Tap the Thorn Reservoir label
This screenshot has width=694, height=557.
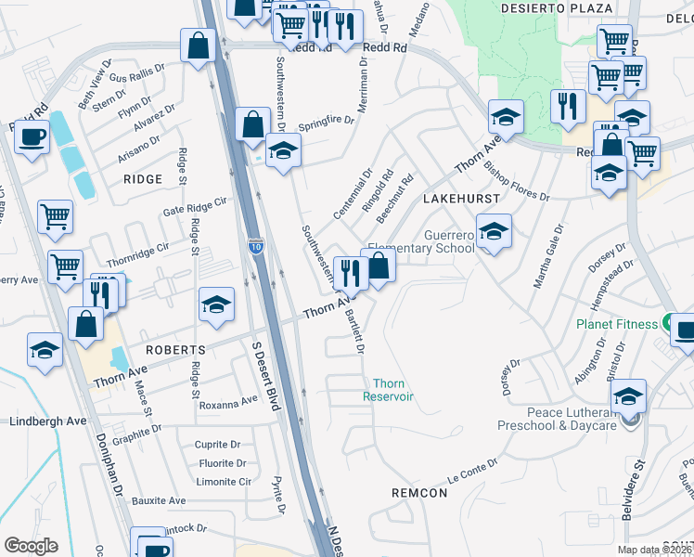392,390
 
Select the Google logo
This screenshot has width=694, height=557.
31,545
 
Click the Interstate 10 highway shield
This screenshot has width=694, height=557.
256,245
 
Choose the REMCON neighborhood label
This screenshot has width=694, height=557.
419,492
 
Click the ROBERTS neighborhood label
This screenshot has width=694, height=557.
174,349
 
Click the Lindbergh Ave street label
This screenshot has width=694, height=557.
47,421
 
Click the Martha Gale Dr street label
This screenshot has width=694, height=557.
547,255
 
